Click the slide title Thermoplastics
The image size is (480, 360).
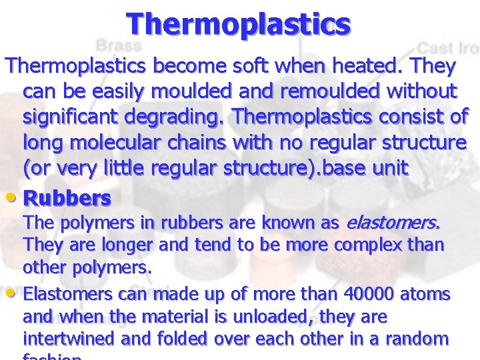tap(239, 24)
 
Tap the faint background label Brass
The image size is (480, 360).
tap(119, 46)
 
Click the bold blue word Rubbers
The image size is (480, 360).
tap(67, 198)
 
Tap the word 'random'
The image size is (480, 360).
tap(419, 339)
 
